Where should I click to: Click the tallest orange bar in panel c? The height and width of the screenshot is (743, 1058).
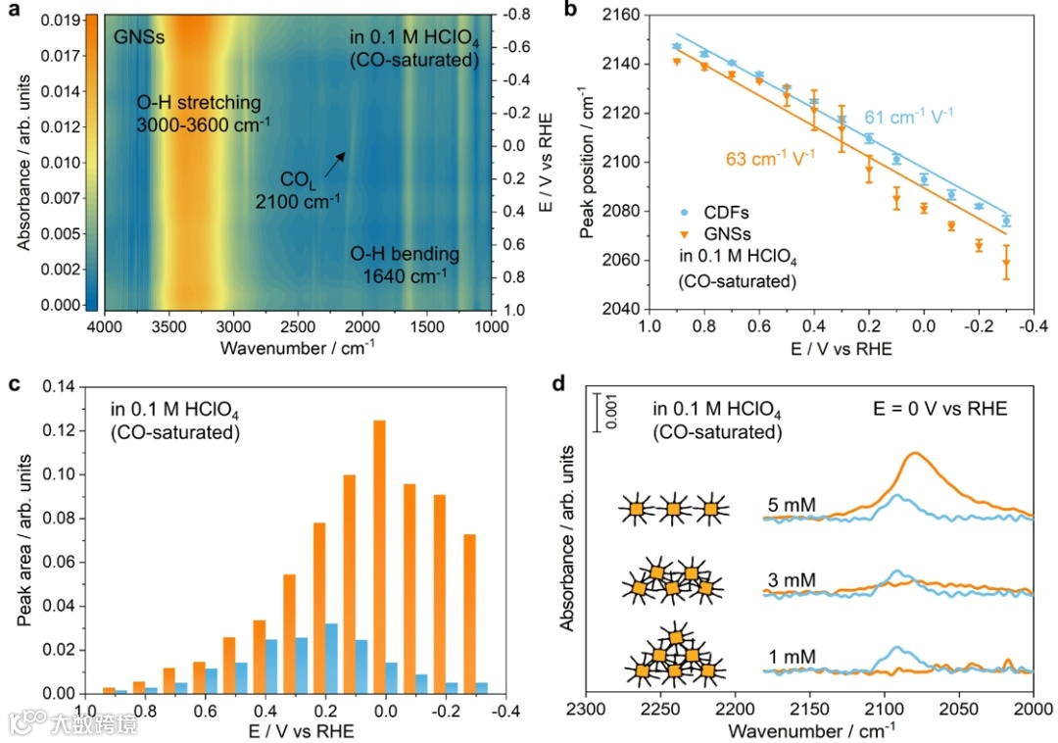coord(379,556)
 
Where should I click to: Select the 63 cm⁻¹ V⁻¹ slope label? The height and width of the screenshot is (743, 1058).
coord(770,157)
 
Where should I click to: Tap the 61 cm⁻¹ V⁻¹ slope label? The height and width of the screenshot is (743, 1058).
coord(908,118)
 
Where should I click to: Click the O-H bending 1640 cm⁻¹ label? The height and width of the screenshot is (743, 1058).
coord(405,265)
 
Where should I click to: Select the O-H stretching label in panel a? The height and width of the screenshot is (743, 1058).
coord(199,113)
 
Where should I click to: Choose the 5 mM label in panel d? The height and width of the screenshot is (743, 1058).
coord(793,507)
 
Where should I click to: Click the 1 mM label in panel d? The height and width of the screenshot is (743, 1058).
coord(793,656)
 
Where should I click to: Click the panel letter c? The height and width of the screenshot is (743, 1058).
coord(14,383)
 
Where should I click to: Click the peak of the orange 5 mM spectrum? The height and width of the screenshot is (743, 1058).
coord(915,453)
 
